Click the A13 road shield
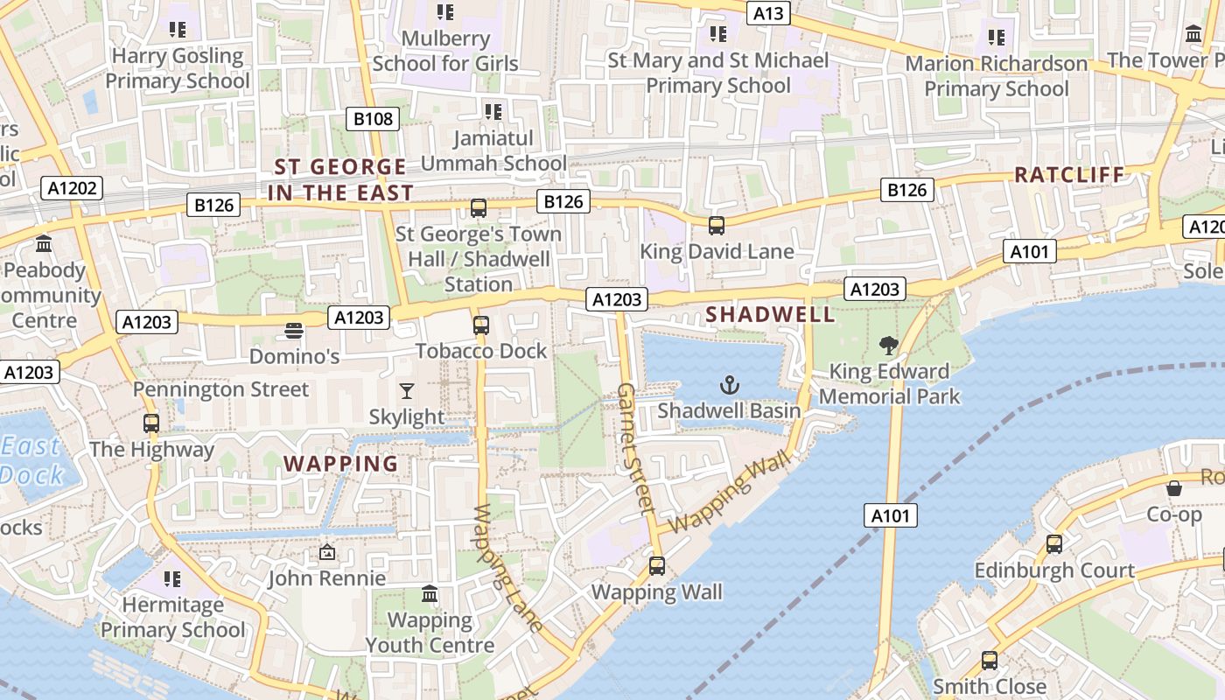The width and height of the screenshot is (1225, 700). tap(768, 13)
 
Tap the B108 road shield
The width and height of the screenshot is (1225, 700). tap(374, 118)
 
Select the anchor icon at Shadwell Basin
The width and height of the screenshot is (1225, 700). tap(729, 384)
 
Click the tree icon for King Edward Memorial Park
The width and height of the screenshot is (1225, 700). tap(889, 346)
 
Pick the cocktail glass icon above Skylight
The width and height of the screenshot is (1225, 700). tap(406, 390)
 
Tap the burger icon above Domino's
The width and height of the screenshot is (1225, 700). tap(294, 331)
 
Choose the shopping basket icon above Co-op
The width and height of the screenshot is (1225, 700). tap(1174, 488)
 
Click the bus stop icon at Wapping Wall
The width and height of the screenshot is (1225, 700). tap(657, 566)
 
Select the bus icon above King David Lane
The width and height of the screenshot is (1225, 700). tap(717, 226)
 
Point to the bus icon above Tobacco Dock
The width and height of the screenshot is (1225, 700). tap(480, 325)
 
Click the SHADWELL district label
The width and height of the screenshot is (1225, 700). tap(759, 313)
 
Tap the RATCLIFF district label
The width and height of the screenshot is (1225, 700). tap(1068, 175)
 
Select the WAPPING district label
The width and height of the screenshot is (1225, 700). tap(341, 464)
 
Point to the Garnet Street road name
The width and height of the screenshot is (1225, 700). tap(635, 447)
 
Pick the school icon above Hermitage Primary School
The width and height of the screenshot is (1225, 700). tap(172, 579)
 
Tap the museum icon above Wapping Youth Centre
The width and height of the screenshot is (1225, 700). tap(430, 595)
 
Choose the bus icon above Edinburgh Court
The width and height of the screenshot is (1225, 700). tap(1054, 544)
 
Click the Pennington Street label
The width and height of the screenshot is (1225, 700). tap(220, 389)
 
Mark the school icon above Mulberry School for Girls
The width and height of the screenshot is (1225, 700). tap(445, 12)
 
